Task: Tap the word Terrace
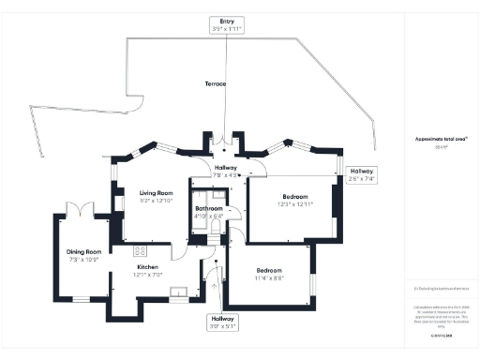point(217,84)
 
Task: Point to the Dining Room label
point(82,250)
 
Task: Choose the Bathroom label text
point(209,209)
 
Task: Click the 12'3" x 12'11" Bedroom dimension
point(294,203)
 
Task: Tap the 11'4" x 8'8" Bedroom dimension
point(270,277)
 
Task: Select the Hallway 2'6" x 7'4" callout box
point(362,175)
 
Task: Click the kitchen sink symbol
point(178,293)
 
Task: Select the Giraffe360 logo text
point(442,334)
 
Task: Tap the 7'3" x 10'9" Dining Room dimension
point(82,259)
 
